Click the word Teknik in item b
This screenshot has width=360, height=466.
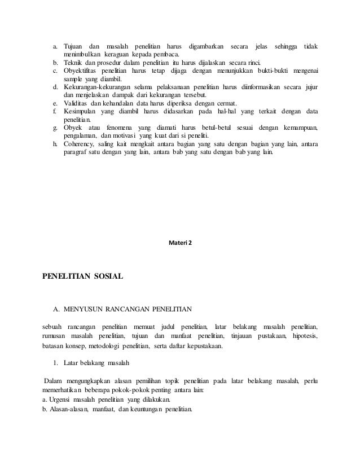click(x=71, y=62)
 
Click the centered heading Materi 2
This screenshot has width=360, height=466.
click(x=180, y=243)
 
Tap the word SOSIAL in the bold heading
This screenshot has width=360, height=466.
click(x=104, y=276)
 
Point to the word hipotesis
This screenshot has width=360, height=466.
click(x=305, y=336)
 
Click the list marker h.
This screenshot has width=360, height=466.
click(x=55, y=144)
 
